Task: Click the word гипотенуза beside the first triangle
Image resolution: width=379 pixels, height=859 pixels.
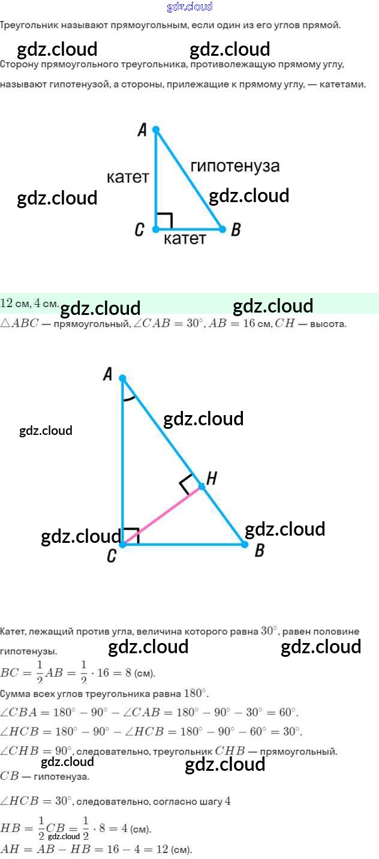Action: (x=235, y=166)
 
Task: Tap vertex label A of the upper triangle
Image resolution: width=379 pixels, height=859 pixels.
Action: (x=142, y=130)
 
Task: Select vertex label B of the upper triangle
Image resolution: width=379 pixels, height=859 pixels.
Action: (x=236, y=230)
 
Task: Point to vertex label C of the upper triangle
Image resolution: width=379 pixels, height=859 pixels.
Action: (x=139, y=230)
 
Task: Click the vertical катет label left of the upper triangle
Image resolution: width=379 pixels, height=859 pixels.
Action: (x=128, y=177)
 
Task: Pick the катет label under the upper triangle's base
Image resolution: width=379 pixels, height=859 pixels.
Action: (x=185, y=239)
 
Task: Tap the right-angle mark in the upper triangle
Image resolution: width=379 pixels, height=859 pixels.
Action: (x=164, y=220)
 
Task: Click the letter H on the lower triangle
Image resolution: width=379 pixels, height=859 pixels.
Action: (x=211, y=477)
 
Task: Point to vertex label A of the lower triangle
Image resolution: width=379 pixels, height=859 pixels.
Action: (x=108, y=375)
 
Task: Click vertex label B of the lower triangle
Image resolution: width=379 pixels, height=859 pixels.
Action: (x=259, y=551)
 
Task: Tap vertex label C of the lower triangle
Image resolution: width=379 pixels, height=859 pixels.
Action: (x=112, y=557)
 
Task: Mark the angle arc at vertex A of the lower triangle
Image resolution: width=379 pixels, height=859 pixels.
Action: (x=128, y=398)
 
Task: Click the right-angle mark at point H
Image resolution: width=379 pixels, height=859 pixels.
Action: (x=188, y=483)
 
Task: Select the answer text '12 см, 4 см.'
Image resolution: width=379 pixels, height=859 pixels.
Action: (x=29, y=303)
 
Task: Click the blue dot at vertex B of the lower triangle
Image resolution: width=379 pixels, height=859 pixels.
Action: (x=244, y=544)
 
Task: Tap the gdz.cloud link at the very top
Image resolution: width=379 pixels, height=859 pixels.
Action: (x=189, y=7)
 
